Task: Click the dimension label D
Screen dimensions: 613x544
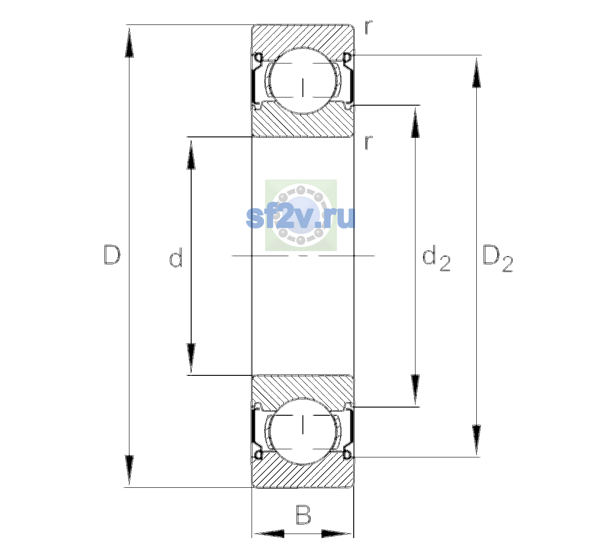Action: coord(112,255)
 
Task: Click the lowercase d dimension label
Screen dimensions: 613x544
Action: coord(176,257)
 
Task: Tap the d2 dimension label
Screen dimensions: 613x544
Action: coord(436,258)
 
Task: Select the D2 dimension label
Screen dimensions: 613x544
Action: coord(497,258)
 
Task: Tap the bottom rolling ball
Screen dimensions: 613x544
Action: coord(303,431)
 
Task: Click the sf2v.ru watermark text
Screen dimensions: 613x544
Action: coord(301,218)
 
